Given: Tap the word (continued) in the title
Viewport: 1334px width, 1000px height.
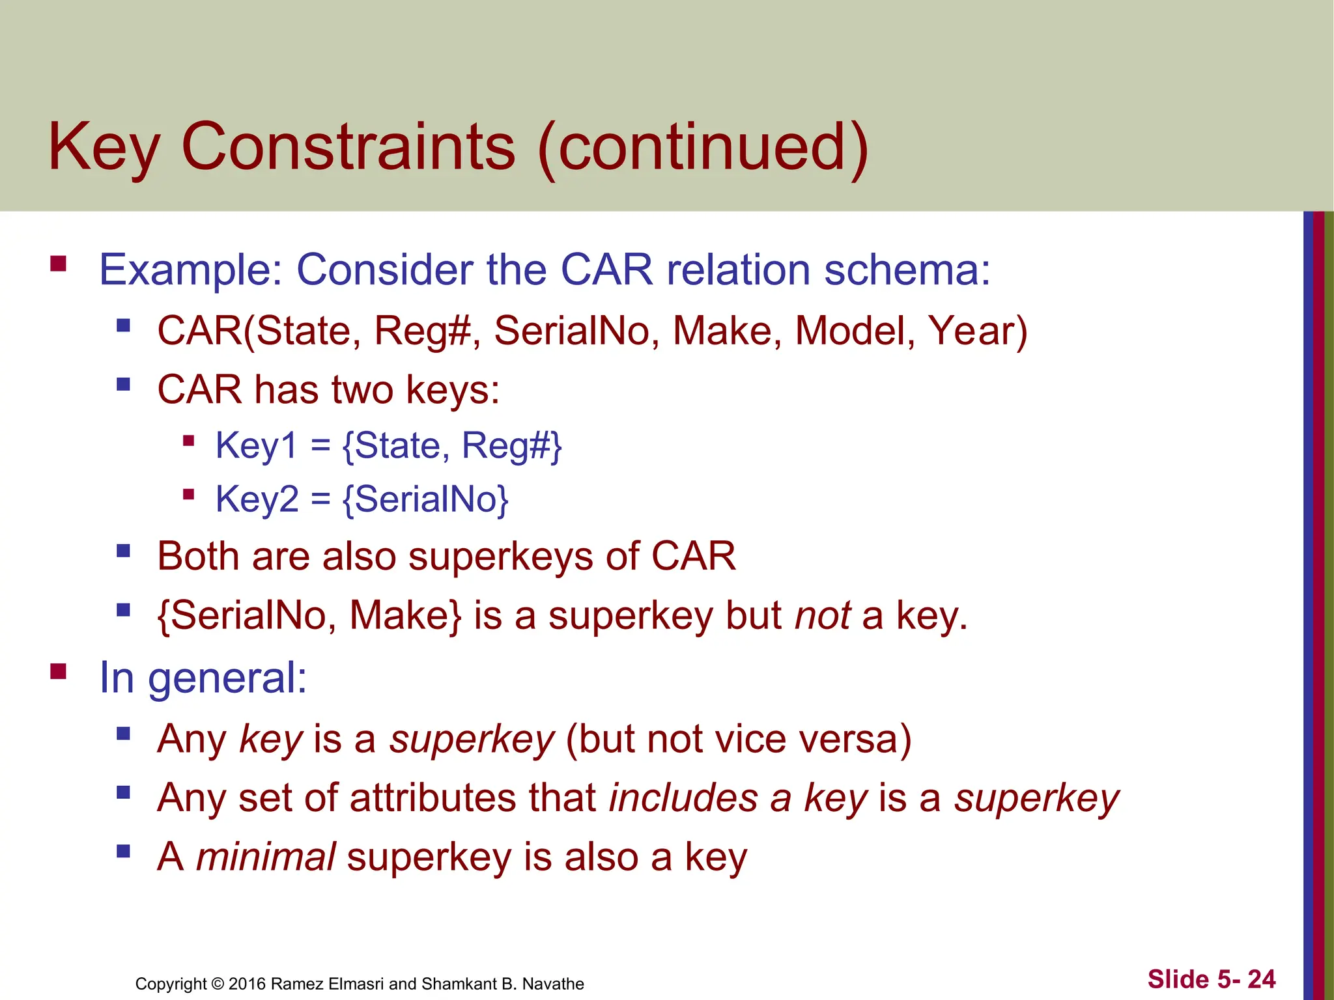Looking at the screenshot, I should [x=703, y=148].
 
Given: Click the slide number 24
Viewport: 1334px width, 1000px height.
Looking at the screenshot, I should [x=1261, y=979].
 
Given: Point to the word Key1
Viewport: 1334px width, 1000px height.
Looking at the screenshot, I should [x=256, y=446].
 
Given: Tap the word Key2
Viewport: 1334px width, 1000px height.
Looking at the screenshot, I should [x=257, y=499].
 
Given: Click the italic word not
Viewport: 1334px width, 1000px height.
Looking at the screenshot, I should [x=823, y=615].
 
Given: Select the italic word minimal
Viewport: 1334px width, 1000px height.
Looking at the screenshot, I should [x=266, y=857].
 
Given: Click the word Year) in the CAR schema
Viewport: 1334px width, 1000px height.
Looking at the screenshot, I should [x=977, y=331].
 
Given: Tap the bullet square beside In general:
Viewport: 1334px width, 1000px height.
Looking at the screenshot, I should [x=59, y=671].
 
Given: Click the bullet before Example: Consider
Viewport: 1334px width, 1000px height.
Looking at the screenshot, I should [x=59, y=264].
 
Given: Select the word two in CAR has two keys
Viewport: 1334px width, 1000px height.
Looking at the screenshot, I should [x=362, y=390].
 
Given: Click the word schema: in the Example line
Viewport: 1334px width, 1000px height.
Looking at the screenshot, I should [x=907, y=270].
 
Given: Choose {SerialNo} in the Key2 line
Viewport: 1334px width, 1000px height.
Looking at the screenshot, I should [x=425, y=499].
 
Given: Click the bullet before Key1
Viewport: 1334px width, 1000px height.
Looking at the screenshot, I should [x=189, y=441].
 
